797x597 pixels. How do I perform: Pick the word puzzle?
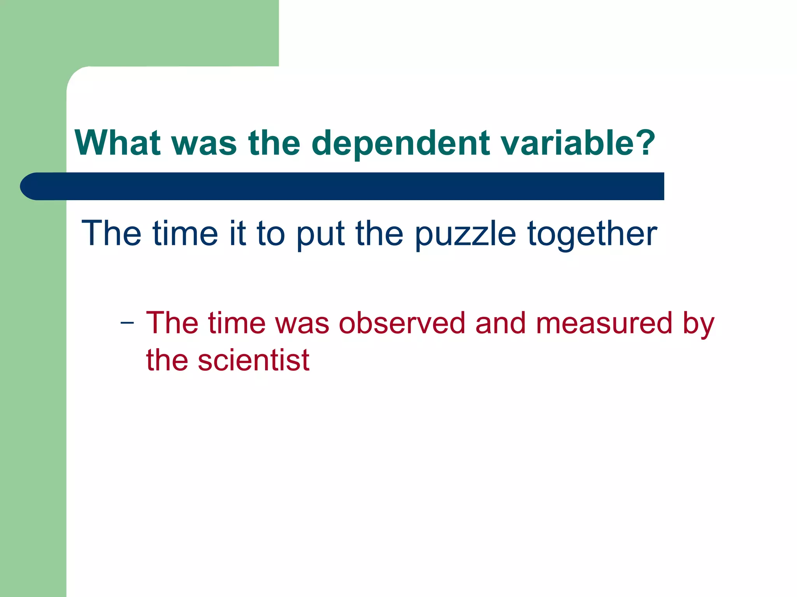465,234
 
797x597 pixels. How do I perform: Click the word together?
592,234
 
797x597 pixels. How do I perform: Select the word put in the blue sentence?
320,234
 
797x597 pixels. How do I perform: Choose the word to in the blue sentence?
271,234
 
